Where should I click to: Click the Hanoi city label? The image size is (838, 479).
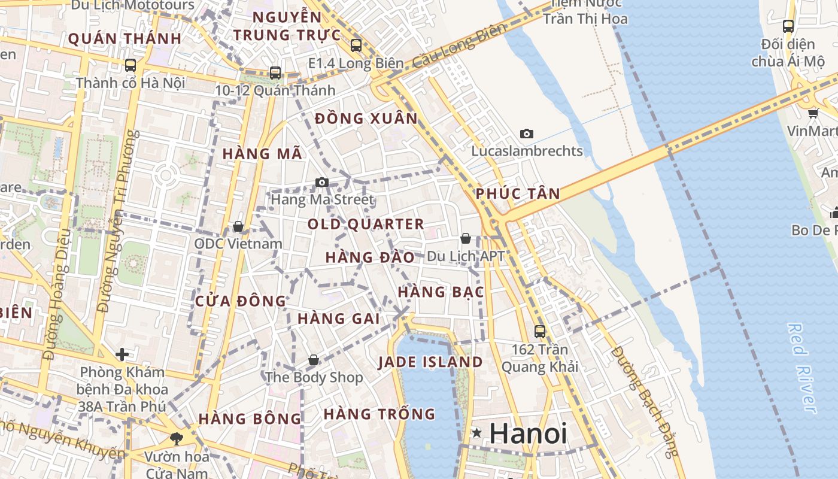point(528,433)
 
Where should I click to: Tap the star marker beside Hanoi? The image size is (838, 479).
point(476,432)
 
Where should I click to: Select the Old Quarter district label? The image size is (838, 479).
point(366,225)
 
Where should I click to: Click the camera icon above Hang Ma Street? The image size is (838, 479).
point(322,182)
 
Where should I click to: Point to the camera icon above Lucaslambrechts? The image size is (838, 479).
point(527,134)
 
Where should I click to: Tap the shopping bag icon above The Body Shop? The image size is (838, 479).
point(313,360)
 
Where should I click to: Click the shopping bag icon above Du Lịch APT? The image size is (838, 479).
point(466,238)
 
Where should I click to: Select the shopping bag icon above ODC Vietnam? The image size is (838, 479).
point(238,226)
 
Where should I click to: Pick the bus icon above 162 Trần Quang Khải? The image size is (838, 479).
point(540,331)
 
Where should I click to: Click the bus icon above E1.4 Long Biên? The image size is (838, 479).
point(356,45)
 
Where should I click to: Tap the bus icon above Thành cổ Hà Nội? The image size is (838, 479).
point(130,65)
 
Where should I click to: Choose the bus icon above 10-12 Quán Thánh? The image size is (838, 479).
point(275,73)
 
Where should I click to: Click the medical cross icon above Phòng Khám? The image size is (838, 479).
point(122,354)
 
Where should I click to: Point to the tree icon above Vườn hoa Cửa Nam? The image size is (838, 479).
point(177,439)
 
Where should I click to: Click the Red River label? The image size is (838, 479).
point(802,368)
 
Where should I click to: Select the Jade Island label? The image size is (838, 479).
point(430,362)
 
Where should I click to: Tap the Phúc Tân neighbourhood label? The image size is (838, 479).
point(518,193)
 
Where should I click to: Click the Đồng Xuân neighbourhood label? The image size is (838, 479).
point(366,119)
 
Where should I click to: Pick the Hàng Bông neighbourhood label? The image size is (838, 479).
point(250,419)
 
